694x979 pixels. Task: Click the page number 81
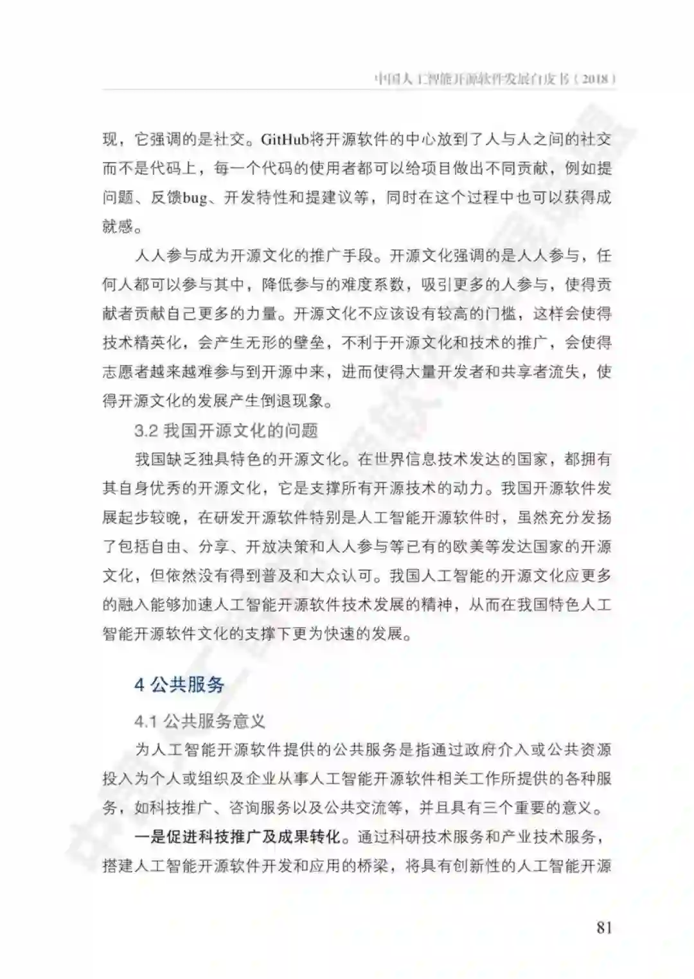pos(603,927)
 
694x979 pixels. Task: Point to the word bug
pos(194,198)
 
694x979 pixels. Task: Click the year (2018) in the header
pos(594,80)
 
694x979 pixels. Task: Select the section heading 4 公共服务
pos(179,684)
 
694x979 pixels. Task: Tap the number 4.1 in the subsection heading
pos(146,721)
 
